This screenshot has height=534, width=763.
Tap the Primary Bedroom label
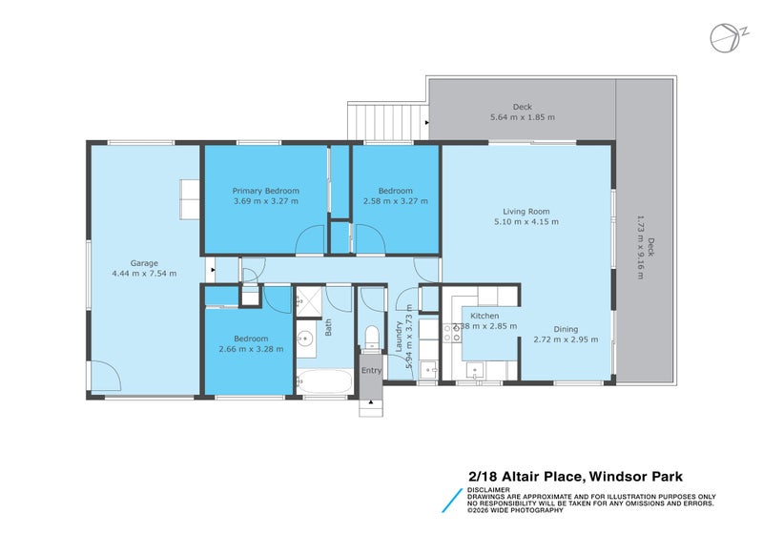(266, 190)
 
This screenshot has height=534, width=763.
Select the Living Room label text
(526, 212)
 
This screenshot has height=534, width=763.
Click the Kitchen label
(484, 316)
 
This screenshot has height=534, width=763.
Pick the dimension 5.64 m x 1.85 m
(522, 117)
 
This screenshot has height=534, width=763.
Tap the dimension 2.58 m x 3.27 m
(396, 201)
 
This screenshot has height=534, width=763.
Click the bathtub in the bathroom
(323, 383)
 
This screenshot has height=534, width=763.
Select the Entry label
(371, 371)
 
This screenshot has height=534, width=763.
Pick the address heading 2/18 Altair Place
(574, 477)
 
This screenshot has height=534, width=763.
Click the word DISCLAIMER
(487, 490)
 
